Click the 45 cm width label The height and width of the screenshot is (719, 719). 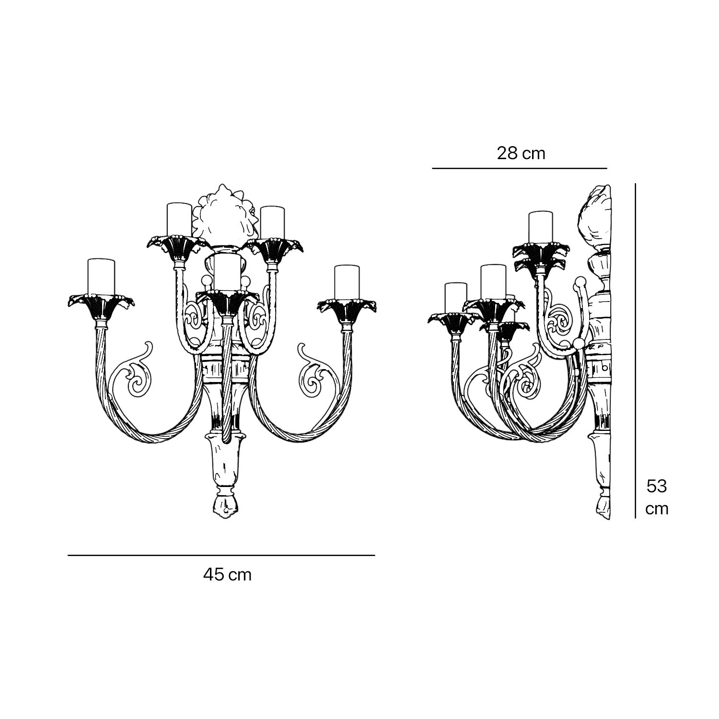(227, 574)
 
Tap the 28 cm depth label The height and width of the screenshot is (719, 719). (521, 153)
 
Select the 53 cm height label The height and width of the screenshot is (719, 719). (657, 497)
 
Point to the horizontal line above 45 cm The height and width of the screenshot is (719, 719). (221, 556)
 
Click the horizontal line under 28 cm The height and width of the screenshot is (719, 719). (520, 168)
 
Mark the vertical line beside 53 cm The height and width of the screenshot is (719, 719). (636, 350)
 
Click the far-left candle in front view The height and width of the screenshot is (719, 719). (102, 276)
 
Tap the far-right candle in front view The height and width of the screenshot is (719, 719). (348, 282)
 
